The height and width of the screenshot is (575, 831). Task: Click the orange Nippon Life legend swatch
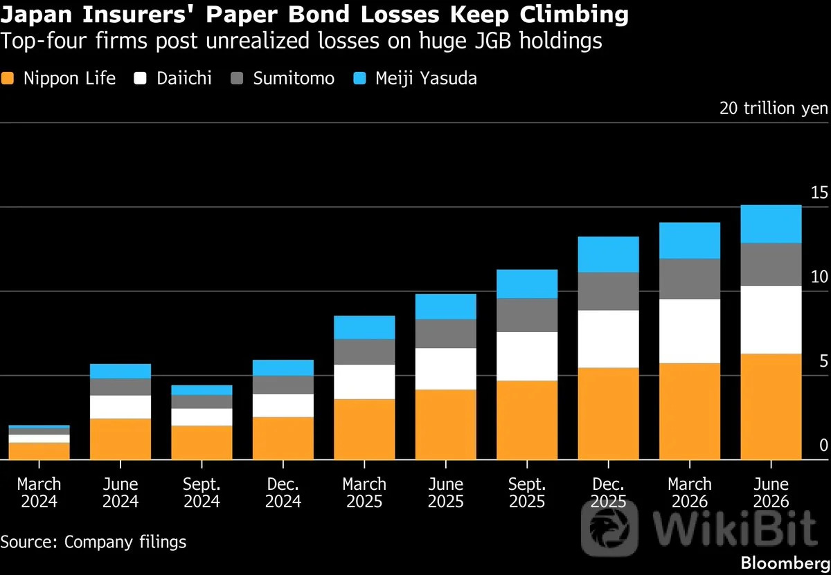point(8,78)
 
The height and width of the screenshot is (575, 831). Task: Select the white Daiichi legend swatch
point(140,78)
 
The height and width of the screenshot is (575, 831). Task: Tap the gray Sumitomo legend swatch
point(237,78)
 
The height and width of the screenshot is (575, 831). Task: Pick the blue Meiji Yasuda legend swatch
point(359,78)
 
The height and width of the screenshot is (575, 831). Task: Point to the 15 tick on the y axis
point(819,192)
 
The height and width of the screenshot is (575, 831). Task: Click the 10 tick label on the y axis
point(819,277)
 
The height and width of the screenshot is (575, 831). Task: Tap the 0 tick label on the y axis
point(823,445)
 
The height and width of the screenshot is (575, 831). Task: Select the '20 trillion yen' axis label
point(774,108)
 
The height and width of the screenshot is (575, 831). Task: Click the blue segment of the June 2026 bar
point(771,224)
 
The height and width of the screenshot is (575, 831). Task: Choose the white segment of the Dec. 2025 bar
point(609,339)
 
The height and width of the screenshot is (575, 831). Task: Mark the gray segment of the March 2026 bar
point(690,279)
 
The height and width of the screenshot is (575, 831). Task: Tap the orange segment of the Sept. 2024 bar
point(202,443)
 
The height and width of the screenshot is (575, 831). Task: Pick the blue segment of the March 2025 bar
point(364,327)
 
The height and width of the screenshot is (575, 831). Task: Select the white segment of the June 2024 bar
point(120,407)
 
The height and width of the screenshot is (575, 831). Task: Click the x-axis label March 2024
point(39,493)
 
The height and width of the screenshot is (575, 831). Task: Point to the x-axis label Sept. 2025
point(527,493)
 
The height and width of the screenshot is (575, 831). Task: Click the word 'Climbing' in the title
point(574,15)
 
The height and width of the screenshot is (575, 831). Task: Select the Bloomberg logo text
point(785,563)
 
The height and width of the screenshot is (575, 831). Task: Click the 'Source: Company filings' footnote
point(93,542)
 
